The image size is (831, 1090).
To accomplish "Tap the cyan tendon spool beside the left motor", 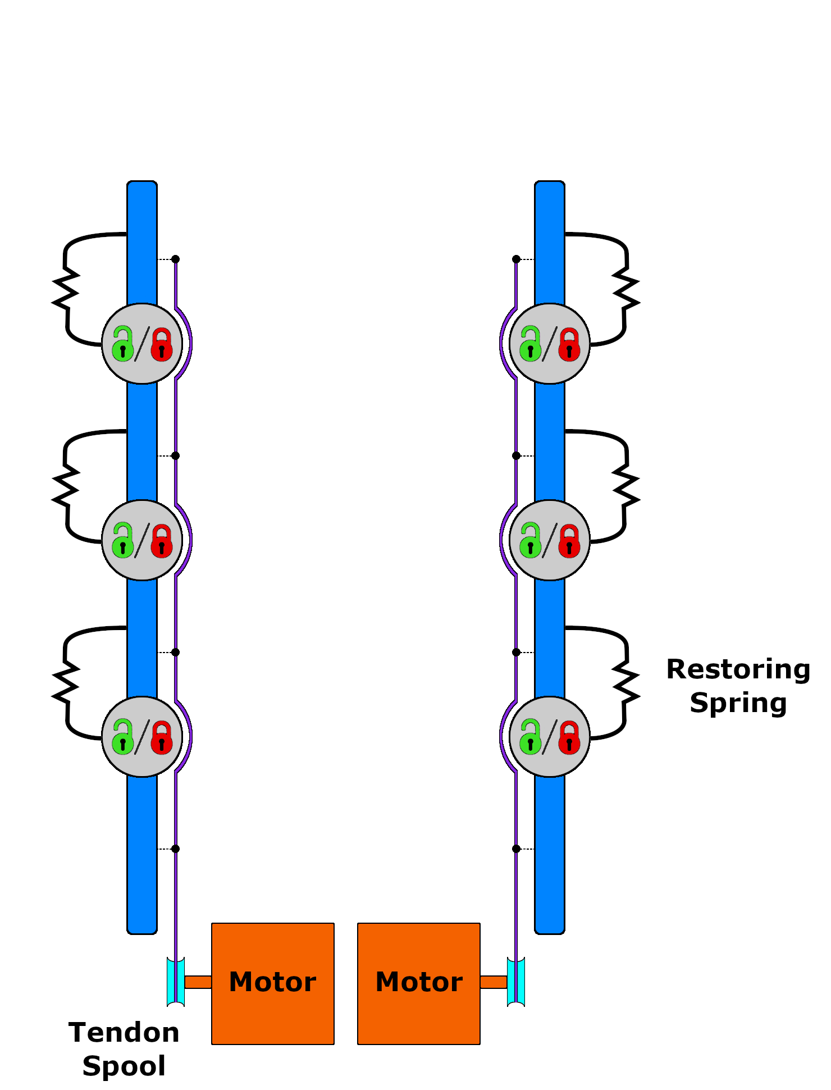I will point(176,982).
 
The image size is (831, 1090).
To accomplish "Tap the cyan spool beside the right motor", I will point(515,982).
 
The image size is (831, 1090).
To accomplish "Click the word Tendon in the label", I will point(124,1033).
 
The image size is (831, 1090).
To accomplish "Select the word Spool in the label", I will point(124,1066).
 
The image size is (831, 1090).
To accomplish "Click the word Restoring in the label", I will point(738,669).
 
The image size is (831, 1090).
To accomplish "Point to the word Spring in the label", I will point(738,703).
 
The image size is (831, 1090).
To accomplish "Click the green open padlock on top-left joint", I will point(122,344).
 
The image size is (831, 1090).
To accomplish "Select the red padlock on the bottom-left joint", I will point(162,737).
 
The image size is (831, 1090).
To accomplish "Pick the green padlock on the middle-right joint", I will point(530,541).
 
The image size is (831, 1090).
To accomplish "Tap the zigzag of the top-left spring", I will point(66,289).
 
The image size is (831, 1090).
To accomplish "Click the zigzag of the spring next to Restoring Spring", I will point(625,682).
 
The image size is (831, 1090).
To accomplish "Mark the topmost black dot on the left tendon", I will point(175,259).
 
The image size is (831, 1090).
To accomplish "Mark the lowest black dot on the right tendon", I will point(516,849).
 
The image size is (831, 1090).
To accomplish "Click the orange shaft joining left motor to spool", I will point(198,982).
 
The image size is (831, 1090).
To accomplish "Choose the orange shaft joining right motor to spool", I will point(494,982).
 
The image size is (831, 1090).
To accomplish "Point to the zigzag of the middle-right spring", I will point(625,486).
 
